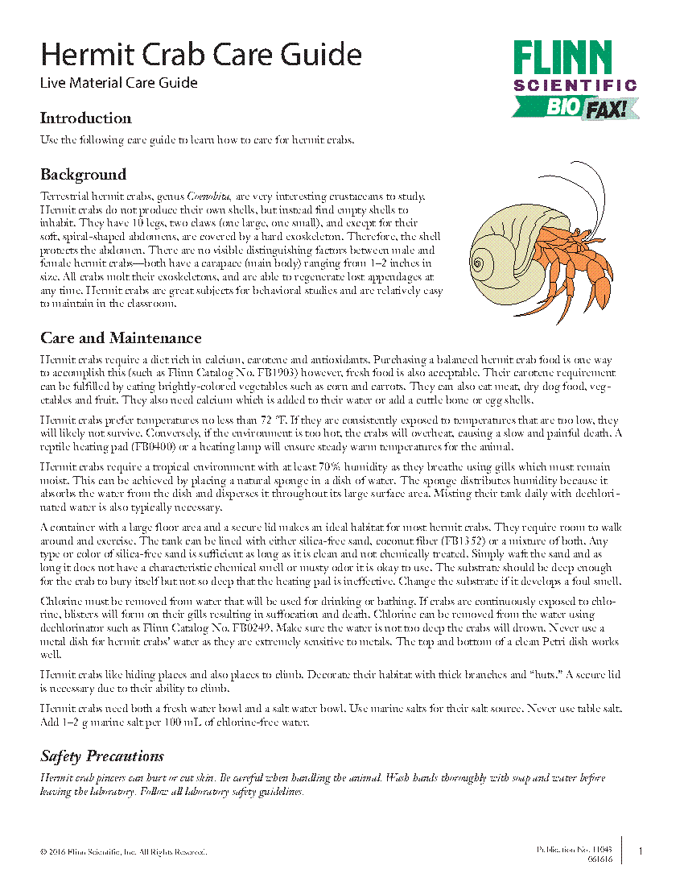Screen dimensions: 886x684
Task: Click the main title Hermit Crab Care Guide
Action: pyautogui.click(x=201, y=55)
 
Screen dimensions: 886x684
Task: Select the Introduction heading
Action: pyautogui.click(x=86, y=118)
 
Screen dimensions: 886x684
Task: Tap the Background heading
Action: pyautogui.click(x=84, y=175)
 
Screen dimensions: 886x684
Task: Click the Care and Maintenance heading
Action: pyautogui.click(x=121, y=337)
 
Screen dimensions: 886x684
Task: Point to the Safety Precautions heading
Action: pyautogui.click(x=102, y=756)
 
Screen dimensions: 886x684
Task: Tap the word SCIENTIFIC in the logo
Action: pyautogui.click(x=575, y=85)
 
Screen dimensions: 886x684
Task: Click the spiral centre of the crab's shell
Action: pyautogui.click(x=483, y=262)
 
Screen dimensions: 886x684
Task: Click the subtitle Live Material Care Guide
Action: pyautogui.click(x=119, y=82)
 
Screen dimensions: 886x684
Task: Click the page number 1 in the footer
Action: pyautogui.click(x=641, y=851)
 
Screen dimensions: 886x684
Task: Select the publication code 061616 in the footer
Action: pyautogui.click(x=600, y=859)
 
